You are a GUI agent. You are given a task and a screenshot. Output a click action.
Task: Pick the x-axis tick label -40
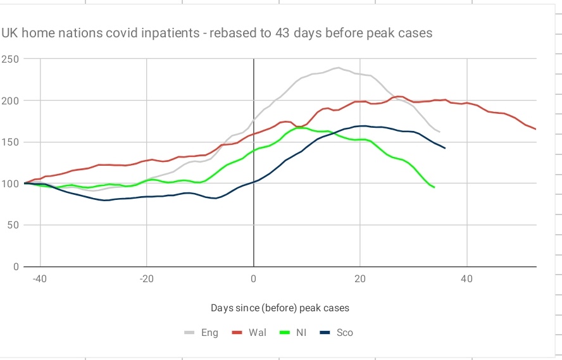click(x=40, y=279)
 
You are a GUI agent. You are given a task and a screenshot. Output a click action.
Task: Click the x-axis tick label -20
click(x=146, y=279)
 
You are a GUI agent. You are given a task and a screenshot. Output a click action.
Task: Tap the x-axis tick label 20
click(x=360, y=279)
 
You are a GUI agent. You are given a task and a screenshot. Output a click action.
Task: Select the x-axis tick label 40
click(x=466, y=279)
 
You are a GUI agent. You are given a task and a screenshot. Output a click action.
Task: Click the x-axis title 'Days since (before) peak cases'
click(x=280, y=308)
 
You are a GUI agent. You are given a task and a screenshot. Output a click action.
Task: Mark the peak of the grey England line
click(x=338, y=68)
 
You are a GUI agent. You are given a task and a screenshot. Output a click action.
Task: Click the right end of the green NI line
click(x=434, y=187)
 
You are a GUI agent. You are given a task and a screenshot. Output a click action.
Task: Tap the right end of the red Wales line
click(x=535, y=129)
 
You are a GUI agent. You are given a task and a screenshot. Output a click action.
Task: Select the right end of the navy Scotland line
click(x=445, y=148)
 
